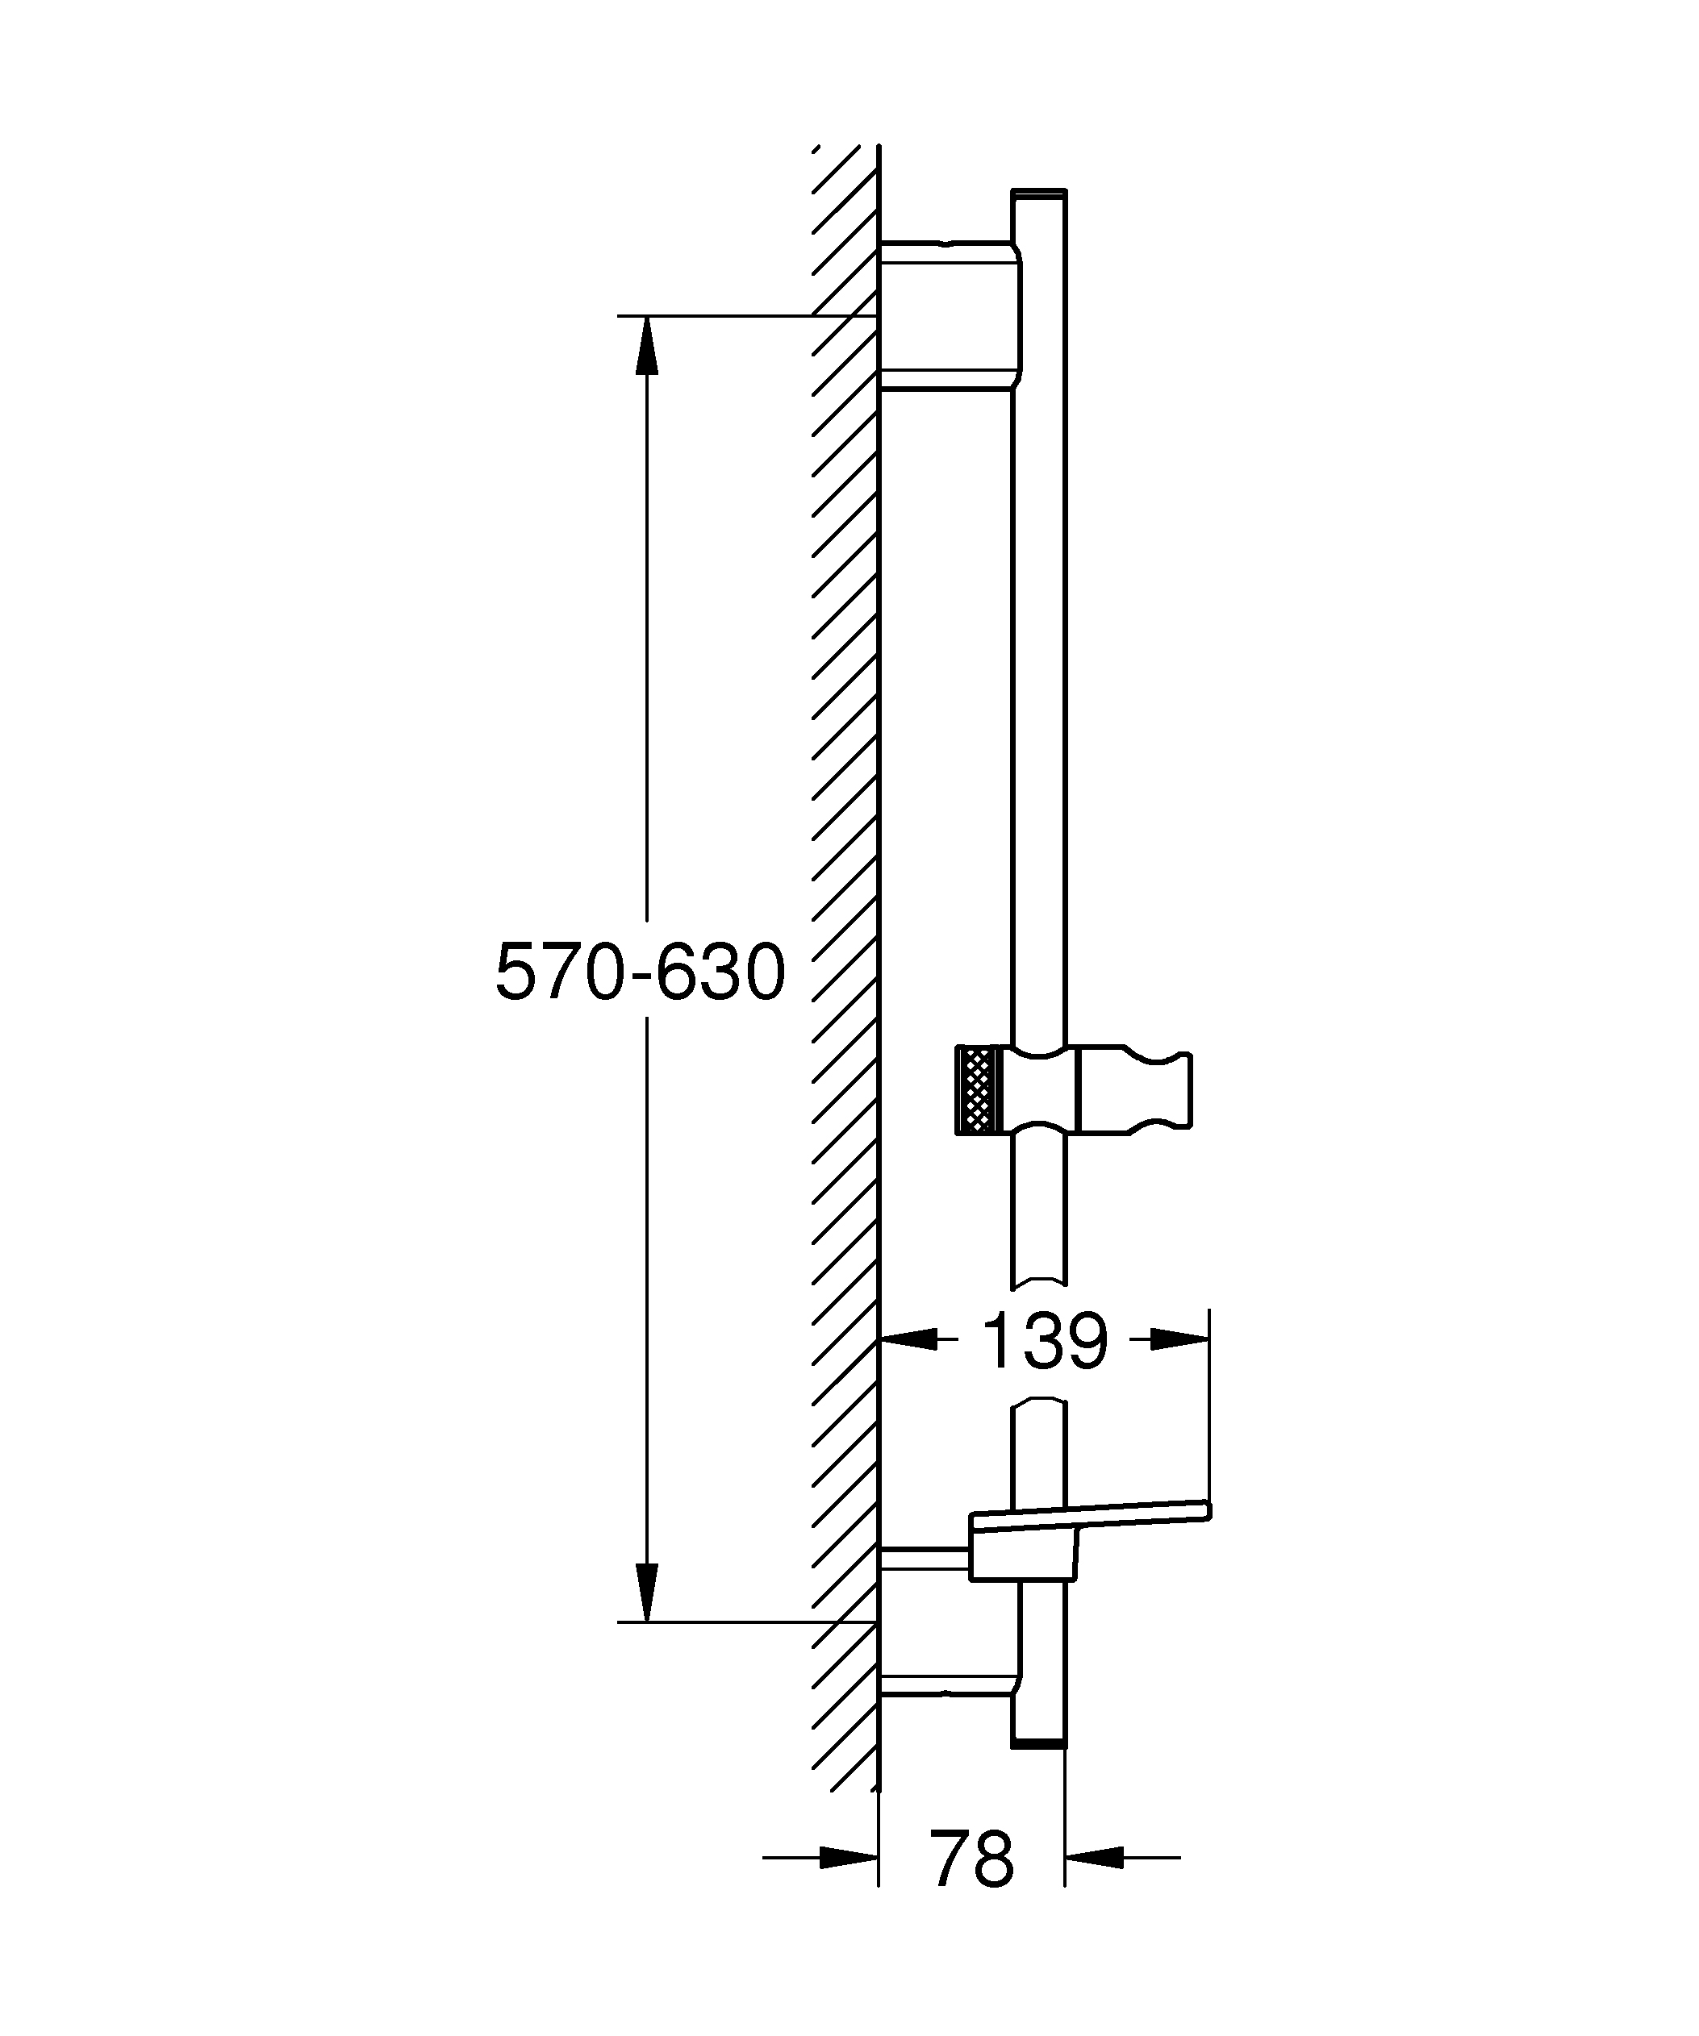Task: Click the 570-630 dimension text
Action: tap(640, 972)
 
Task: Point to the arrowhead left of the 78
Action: tap(848, 1858)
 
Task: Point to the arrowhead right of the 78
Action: tap(1095, 1858)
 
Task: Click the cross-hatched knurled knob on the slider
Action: tap(976, 1089)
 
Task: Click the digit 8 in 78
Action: tap(992, 1859)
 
